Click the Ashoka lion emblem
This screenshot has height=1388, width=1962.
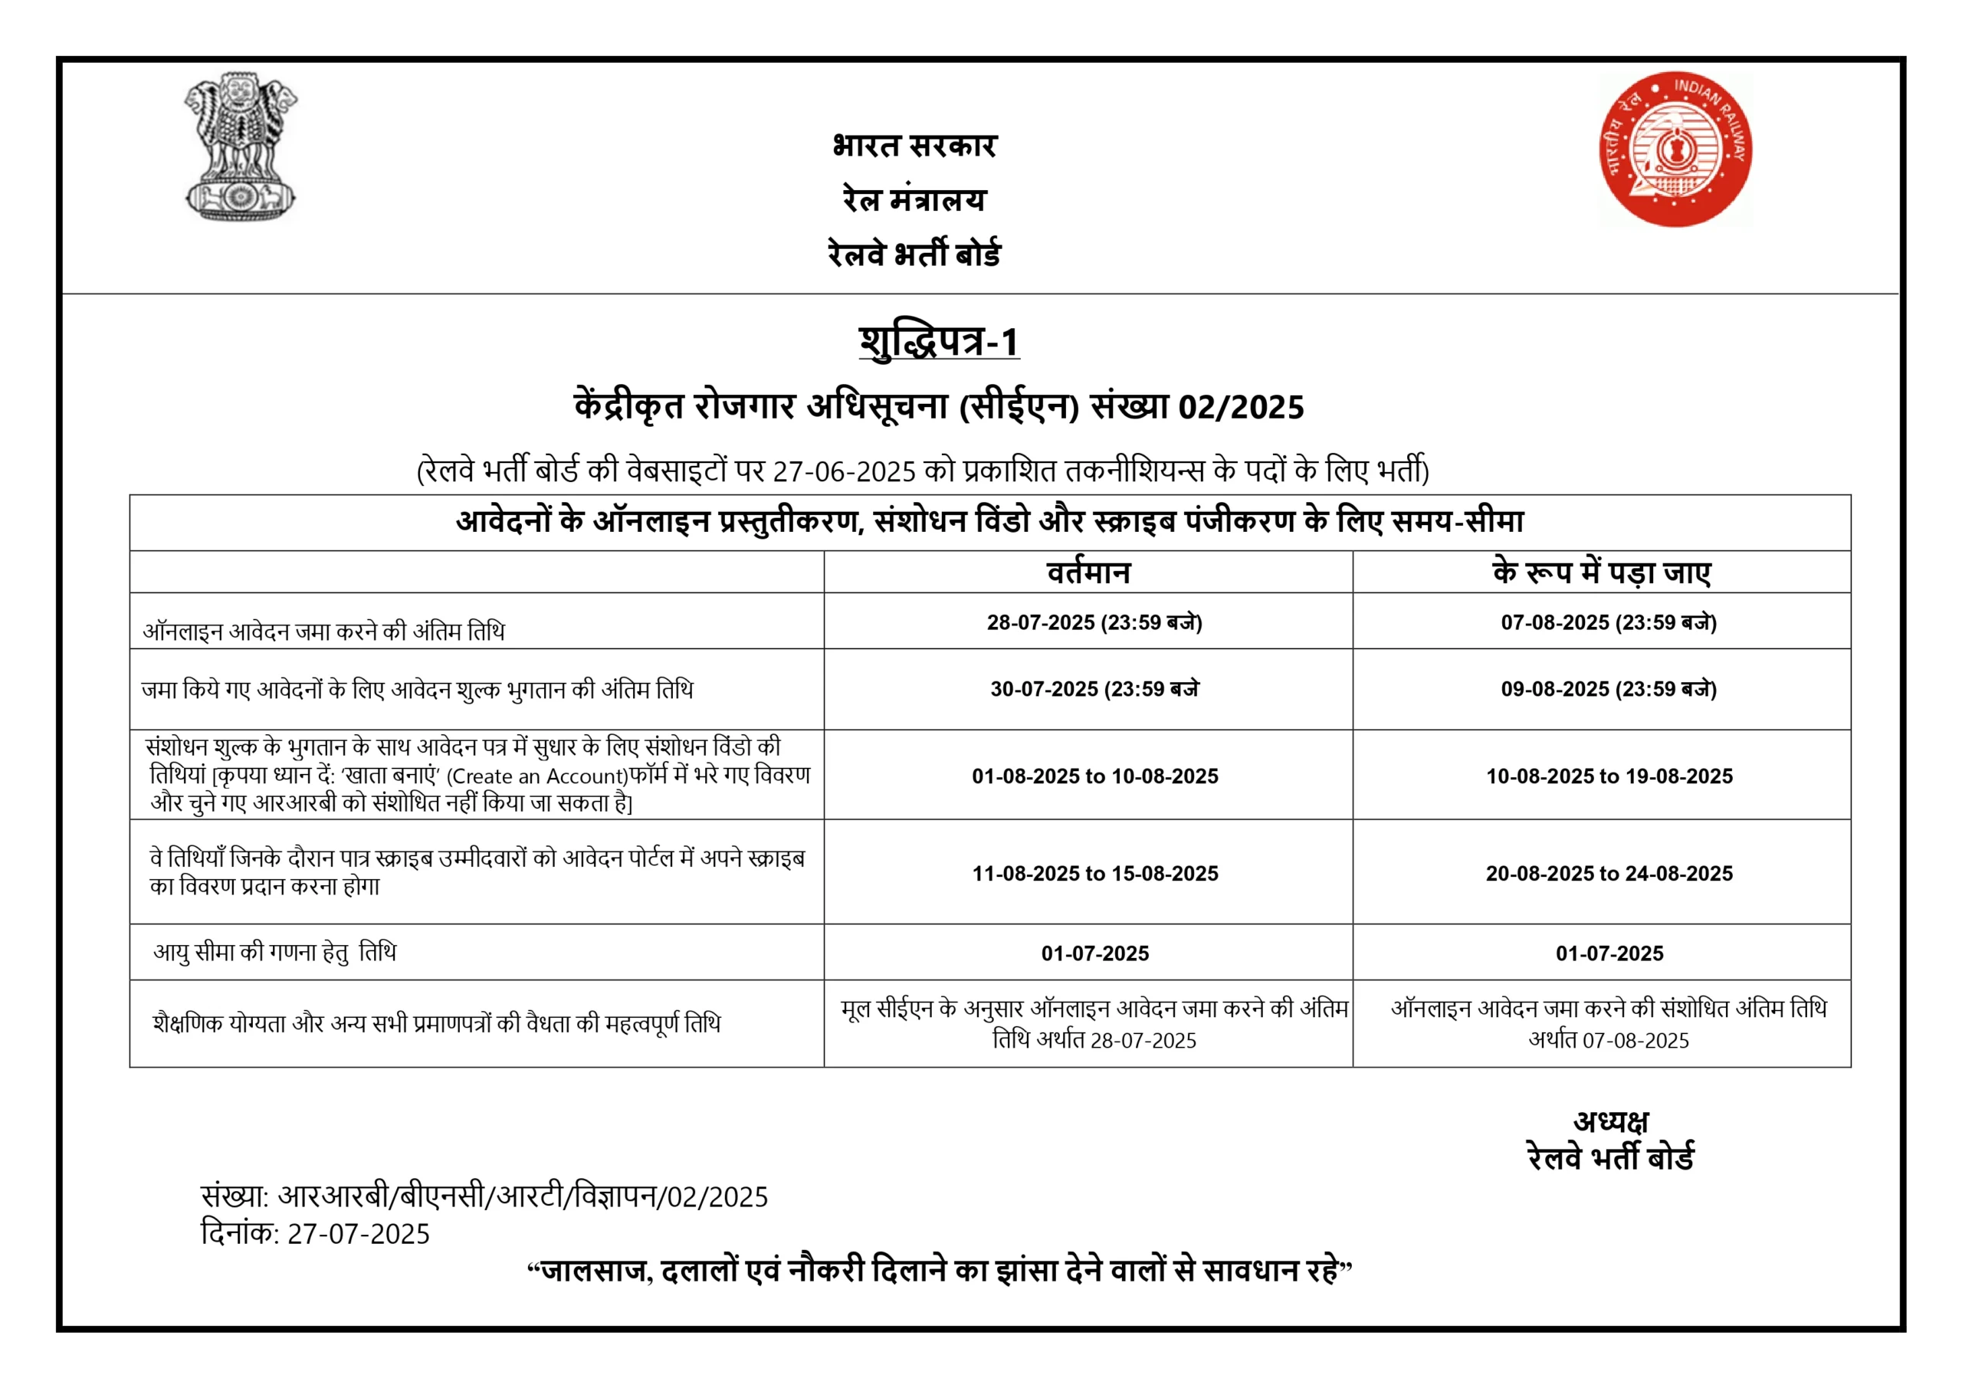click(x=240, y=147)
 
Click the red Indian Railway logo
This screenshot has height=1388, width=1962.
click(x=1675, y=149)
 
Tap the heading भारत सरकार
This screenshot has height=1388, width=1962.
click(x=914, y=146)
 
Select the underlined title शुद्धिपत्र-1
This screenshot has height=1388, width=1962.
click(x=938, y=342)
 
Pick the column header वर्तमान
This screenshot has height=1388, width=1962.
click(x=1088, y=572)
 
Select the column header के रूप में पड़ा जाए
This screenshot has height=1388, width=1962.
click(x=1601, y=572)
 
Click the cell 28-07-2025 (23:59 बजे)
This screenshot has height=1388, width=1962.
click(x=1094, y=622)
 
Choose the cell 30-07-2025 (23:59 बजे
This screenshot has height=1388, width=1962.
click(x=1094, y=689)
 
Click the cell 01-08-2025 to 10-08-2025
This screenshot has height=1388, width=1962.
click(x=1094, y=776)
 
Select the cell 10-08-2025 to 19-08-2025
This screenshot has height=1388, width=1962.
click(x=1609, y=776)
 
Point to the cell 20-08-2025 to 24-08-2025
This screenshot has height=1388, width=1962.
click(x=1609, y=874)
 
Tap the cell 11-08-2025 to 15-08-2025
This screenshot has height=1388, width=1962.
click(x=1094, y=874)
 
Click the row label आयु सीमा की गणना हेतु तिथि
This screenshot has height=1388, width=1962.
click(x=274, y=952)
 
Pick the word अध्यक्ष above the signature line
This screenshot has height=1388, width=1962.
click(x=1611, y=1121)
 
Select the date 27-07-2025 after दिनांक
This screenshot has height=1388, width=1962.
click(x=358, y=1234)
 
